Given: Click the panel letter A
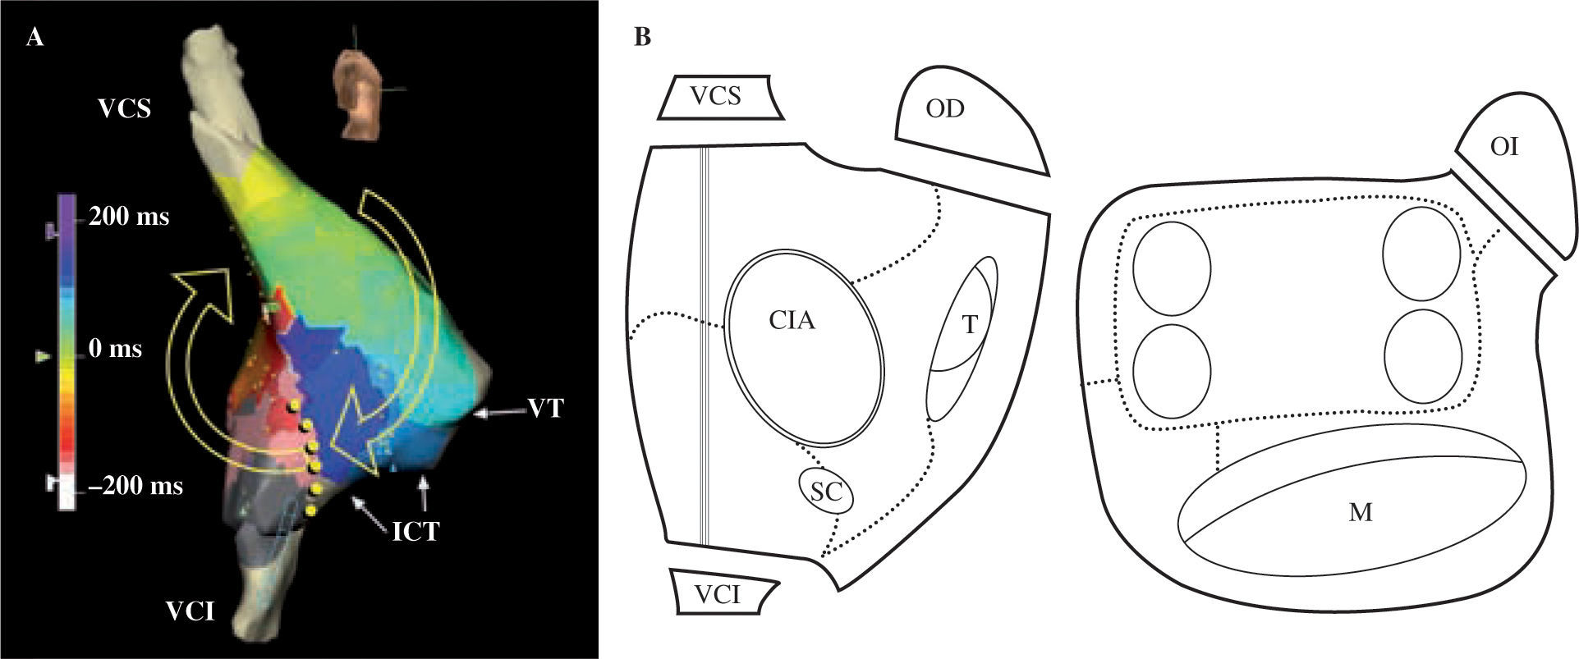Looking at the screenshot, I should (x=34, y=38).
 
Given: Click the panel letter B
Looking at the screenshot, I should (x=642, y=38).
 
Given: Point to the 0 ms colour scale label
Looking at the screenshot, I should (x=116, y=350).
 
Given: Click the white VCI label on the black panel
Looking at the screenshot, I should (x=190, y=611).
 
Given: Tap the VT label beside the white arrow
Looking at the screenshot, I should (x=545, y=408).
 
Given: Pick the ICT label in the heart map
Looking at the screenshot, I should (x=415, y=532).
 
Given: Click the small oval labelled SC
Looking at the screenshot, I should (x=825, y=492).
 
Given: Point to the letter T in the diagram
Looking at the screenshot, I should (x=971, y=325).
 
